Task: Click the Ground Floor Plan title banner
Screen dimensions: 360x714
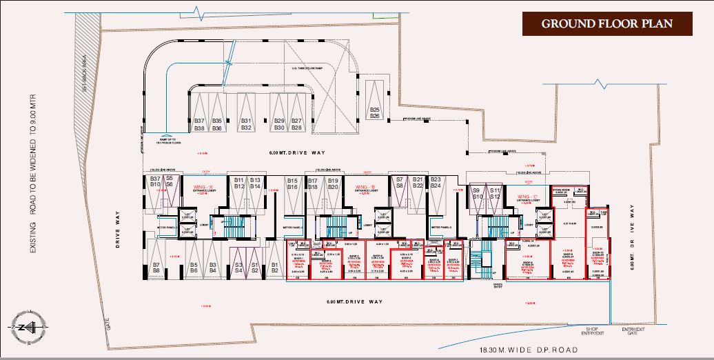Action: pos(606,23)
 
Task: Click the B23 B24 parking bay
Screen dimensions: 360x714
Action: pos(436,188)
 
